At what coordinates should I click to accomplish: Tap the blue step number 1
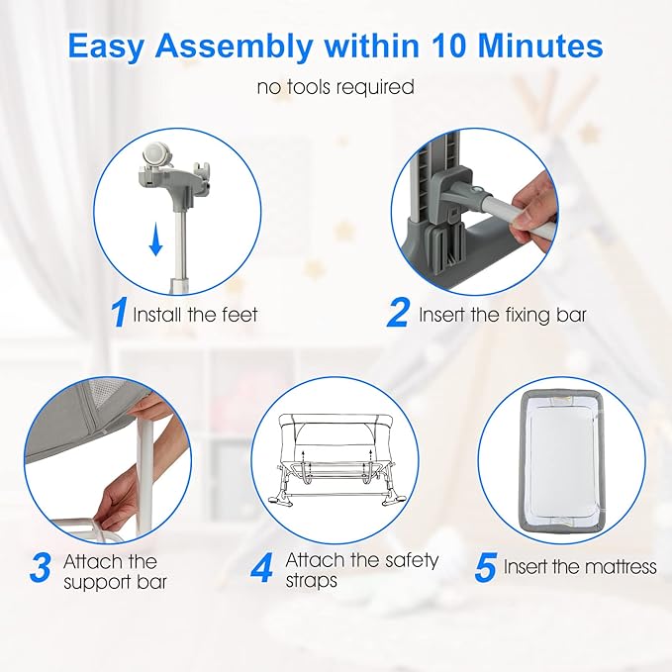tap(119, 313)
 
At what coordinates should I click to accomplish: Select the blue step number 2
tap(398, 313)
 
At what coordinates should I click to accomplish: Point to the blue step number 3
tap(42, 567)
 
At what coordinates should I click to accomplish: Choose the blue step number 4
tap(261, 567)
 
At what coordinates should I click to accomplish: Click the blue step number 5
tap(486, 567)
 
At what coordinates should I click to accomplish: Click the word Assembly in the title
tap(234, 47)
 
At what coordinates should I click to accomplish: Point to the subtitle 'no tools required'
tap(336, 86)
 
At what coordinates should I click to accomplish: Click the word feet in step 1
tap(240, 314)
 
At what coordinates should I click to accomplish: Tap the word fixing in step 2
tap(528, 315)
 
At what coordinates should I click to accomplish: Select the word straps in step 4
tap(311, 581)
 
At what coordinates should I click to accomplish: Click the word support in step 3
tap(95, 582)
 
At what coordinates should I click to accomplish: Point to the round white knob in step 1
tap(154, 155)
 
